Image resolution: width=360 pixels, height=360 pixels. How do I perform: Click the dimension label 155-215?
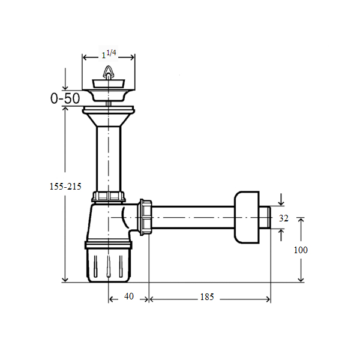65,186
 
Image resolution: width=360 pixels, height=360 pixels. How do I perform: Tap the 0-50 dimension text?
65,98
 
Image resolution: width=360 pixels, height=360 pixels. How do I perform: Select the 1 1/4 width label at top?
109,54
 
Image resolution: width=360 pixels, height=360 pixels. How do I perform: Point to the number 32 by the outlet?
284,218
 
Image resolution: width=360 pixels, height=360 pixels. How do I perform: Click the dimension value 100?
301,250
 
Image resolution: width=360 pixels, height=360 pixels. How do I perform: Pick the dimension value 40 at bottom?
129,296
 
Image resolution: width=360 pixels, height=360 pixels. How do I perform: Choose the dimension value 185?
207,297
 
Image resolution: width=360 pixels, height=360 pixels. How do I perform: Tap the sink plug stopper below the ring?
109,83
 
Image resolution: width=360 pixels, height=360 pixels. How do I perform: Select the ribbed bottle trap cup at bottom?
109,266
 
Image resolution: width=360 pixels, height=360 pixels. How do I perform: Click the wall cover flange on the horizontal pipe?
247,217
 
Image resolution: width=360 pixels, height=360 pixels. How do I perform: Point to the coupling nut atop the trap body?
109,197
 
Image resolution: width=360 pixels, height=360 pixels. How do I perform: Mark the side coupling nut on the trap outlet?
145,217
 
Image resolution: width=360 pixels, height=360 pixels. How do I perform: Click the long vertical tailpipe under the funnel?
109,159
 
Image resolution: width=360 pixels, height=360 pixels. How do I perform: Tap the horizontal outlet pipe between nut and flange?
193,217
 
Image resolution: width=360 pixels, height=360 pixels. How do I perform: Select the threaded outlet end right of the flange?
265,217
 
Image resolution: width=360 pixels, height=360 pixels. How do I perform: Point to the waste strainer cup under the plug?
109,95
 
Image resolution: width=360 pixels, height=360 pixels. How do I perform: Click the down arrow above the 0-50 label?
65,79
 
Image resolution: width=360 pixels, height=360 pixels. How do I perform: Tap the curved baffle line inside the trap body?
125,218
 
